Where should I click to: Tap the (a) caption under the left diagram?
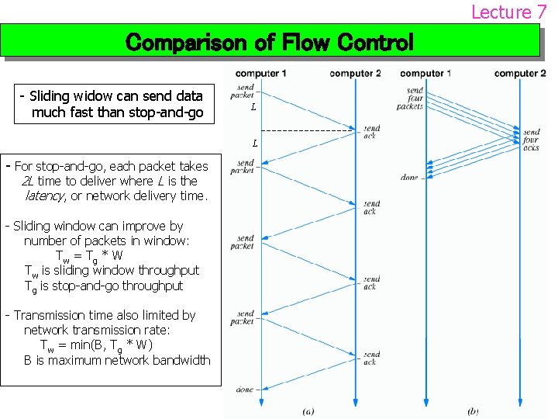pos(308,410)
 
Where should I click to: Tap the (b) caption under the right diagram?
pos(473,410)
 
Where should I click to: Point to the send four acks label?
pos(531,140)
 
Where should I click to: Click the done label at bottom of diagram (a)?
pos(245,390)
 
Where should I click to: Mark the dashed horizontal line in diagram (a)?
pos(310,130)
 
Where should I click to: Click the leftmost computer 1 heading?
pos(261,74)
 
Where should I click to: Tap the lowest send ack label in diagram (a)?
pos(371,358)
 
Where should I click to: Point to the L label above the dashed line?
pos(253,108)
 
